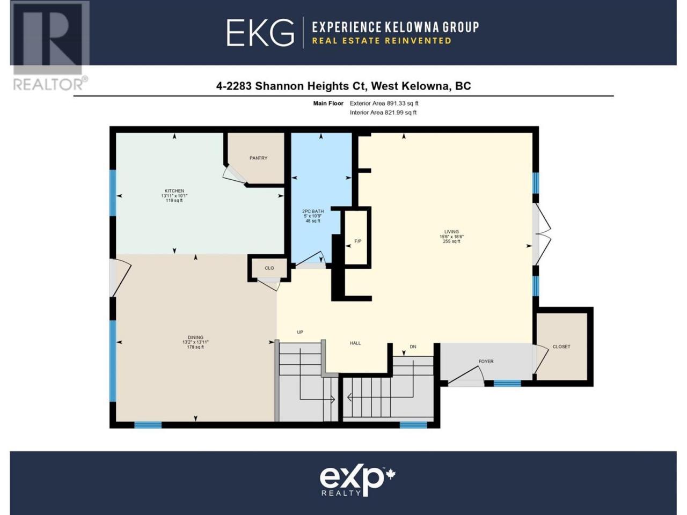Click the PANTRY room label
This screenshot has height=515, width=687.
pos(258,158)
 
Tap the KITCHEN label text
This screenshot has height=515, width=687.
pos(174,191)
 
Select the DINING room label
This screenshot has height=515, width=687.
pos(195,337)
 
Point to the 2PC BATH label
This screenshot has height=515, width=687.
pos(313,211)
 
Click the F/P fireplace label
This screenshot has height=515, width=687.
pos(358,241)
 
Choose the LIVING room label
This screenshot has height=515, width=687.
pos(451,232)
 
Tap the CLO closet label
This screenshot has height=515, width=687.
pos(269,268)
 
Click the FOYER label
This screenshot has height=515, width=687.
pos(486,361)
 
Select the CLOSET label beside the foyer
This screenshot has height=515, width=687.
pos(561,347)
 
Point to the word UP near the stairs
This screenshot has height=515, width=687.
pos(300,332)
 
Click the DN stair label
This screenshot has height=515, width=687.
pos(413,347)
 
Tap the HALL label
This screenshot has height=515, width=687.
pos(355,343)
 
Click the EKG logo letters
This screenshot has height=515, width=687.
pos(260,33)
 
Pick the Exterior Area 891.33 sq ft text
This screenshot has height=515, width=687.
pos(384,103)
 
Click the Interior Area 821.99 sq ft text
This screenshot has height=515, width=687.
pos(383,113)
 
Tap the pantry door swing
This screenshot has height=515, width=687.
pos(234,175)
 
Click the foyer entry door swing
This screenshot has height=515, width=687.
pos(466,374)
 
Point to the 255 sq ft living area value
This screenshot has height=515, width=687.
pos(451,241)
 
